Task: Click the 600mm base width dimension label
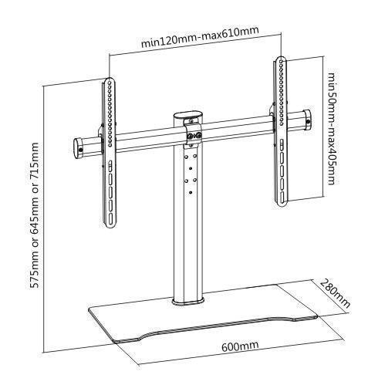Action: pos(240,345)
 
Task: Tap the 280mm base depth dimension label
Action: pos(335,293)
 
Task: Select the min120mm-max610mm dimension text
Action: pos(199,37)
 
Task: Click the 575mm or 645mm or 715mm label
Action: pos(34,215)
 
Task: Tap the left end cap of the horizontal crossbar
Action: pos(79,148)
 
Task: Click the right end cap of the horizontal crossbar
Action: pos(306,120)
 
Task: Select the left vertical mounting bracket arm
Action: pos(110,153)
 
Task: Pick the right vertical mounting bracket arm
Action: pos(281,131)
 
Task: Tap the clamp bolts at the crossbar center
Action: pos(194,135)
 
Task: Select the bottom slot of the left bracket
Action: pos(111,218)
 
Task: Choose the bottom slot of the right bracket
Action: pos(282,198)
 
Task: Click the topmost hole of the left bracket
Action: pos(110,83)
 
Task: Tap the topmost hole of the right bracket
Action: pos(282,62)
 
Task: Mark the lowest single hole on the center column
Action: pos(191,192)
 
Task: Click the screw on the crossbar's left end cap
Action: pos(81,150)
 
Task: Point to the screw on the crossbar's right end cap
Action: pos(308,122)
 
